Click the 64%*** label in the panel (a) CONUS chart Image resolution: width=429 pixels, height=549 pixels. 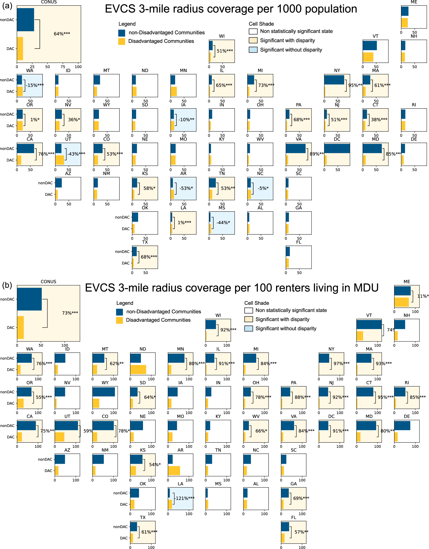62,34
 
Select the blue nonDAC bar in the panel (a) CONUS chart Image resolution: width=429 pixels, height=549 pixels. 25,20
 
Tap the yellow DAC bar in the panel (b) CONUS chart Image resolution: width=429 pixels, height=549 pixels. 20,327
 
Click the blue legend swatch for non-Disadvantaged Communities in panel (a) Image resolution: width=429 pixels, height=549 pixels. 122,33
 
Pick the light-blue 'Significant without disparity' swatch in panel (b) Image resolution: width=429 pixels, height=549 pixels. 248,328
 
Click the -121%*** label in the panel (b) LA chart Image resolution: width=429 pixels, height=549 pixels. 185,498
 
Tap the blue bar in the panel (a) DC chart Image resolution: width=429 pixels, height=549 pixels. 337,148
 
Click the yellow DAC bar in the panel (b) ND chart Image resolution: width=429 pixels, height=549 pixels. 138,370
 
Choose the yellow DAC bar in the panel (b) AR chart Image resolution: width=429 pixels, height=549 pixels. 174,471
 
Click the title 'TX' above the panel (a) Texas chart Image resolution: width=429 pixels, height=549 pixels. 145,242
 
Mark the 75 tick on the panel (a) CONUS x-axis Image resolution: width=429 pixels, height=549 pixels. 63,67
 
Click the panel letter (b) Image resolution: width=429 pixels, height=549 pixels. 7,285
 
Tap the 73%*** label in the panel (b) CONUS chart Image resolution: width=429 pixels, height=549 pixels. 70,313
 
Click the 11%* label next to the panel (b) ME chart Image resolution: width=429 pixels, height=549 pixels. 423,296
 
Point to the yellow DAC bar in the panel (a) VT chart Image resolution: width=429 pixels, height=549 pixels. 368,57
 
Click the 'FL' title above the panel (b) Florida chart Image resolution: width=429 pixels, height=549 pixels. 294,517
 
